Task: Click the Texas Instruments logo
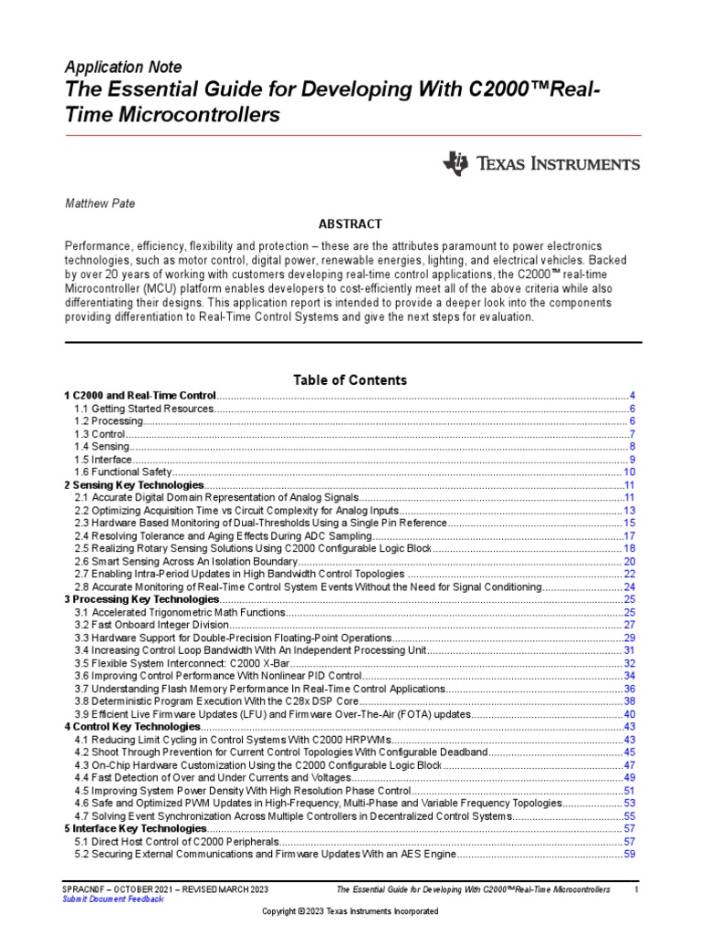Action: pos(540,164)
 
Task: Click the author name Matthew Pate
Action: pos(100,203)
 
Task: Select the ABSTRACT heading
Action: pos(350,223)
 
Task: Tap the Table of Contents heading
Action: pos(350,379)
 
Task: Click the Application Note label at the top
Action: pos(123,67)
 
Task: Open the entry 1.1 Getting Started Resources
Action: pos(144,409)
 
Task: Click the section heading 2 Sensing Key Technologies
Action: pos(134,485)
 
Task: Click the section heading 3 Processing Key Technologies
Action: pos(141,599)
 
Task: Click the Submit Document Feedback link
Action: pos(113,898)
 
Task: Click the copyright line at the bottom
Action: pos(350,911)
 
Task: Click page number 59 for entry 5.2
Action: pos(629,854)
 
